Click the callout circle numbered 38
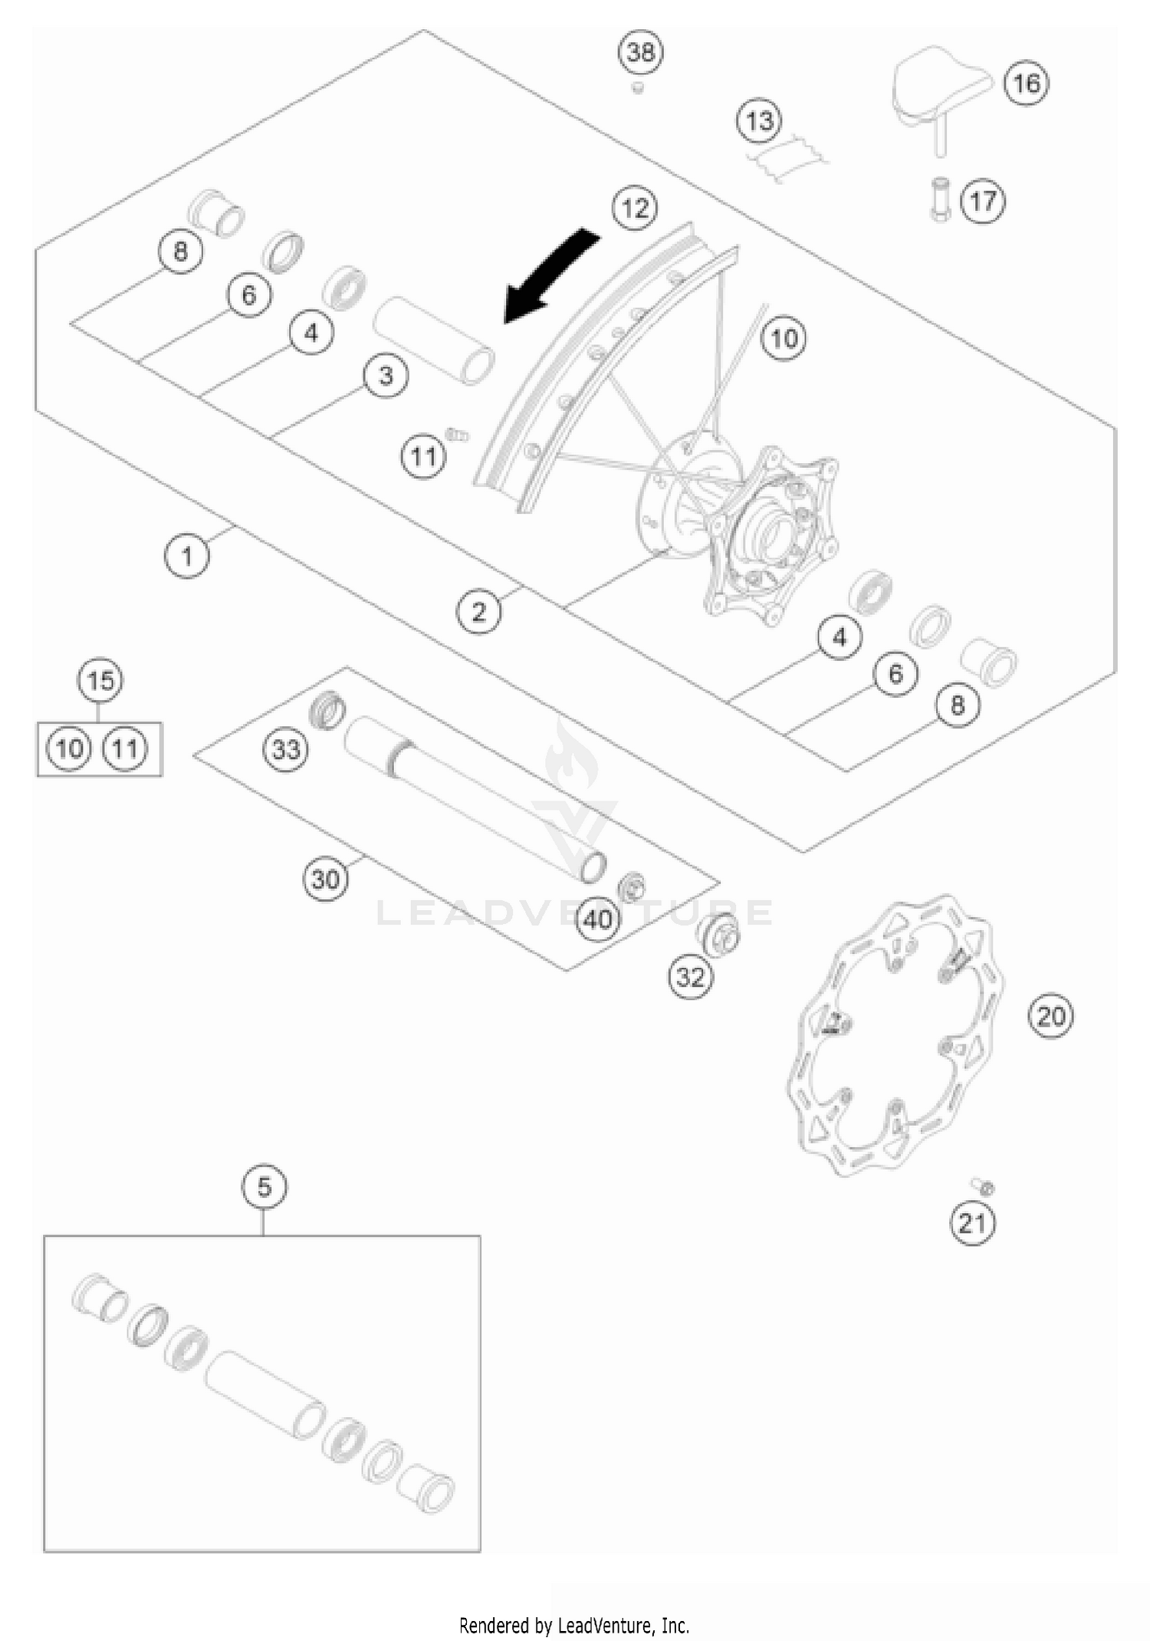pyautogui.click(x=641, y=52)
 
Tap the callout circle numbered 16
pyautogui.click(x=1027, y=83)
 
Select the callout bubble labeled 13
pyautogui.click(x=759, y=121)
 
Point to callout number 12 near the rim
pyautogui.click(x=636, y=208)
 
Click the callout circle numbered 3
pyautogui.click(x=386, y=376)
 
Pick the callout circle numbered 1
pyautogui.click(x=187, y=555)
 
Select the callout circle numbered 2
pyautogui.click(x=479, y=612)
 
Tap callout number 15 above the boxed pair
pyautogui.click(x=100, y=681)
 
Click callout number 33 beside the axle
pyautogui.click(x=286, y=748)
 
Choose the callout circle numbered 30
pyautogui.click(x=325, y=879)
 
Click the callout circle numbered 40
pyautogui.click(x=599, y=919)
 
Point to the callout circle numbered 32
pyautogui.click(x=690, y=976)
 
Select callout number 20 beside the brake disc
pyautogui.click(x=1050, y=1017)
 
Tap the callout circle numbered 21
pyautogui.click(x=972, y=1222)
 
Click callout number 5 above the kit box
pyautogui.click(x=264, y=1187)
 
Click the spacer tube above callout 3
pyautogui.click(x=434, y=340)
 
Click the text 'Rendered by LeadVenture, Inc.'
pyautogui.click(x=574, y=1625)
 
